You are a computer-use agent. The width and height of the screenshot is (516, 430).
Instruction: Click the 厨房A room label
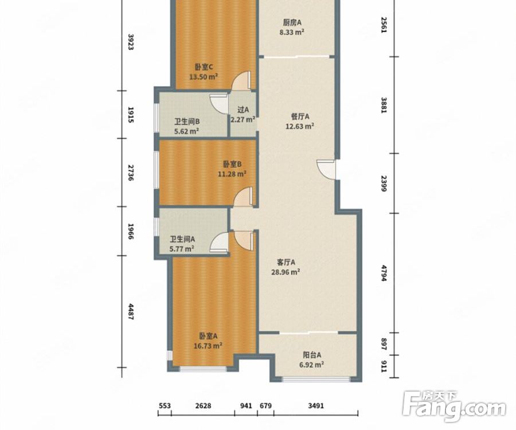292,23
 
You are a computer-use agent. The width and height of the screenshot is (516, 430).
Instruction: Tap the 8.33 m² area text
292,32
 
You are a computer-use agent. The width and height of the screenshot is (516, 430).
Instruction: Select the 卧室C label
204,67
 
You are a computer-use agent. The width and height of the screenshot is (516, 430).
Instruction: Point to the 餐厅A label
300,116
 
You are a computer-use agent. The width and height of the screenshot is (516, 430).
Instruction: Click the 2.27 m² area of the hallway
243,119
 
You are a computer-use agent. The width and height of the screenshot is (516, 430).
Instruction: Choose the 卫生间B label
187,122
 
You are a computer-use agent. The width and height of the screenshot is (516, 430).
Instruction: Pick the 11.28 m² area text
232,174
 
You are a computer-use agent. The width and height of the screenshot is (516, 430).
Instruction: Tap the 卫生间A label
182,239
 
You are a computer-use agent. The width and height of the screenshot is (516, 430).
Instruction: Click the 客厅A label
286,262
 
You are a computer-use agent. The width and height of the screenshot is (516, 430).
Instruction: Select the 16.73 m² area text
208,346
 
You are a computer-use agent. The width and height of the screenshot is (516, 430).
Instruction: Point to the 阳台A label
312,355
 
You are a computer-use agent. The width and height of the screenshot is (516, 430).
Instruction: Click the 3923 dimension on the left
131,42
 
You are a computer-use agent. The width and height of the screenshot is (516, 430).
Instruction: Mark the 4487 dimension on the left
131,312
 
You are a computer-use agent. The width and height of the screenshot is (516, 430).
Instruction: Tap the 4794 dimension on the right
384,273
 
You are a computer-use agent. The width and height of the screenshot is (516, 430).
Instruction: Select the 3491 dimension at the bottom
316,406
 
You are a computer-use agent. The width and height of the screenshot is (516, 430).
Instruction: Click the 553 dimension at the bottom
165,406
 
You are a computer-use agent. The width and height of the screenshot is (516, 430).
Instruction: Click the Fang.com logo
455,406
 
